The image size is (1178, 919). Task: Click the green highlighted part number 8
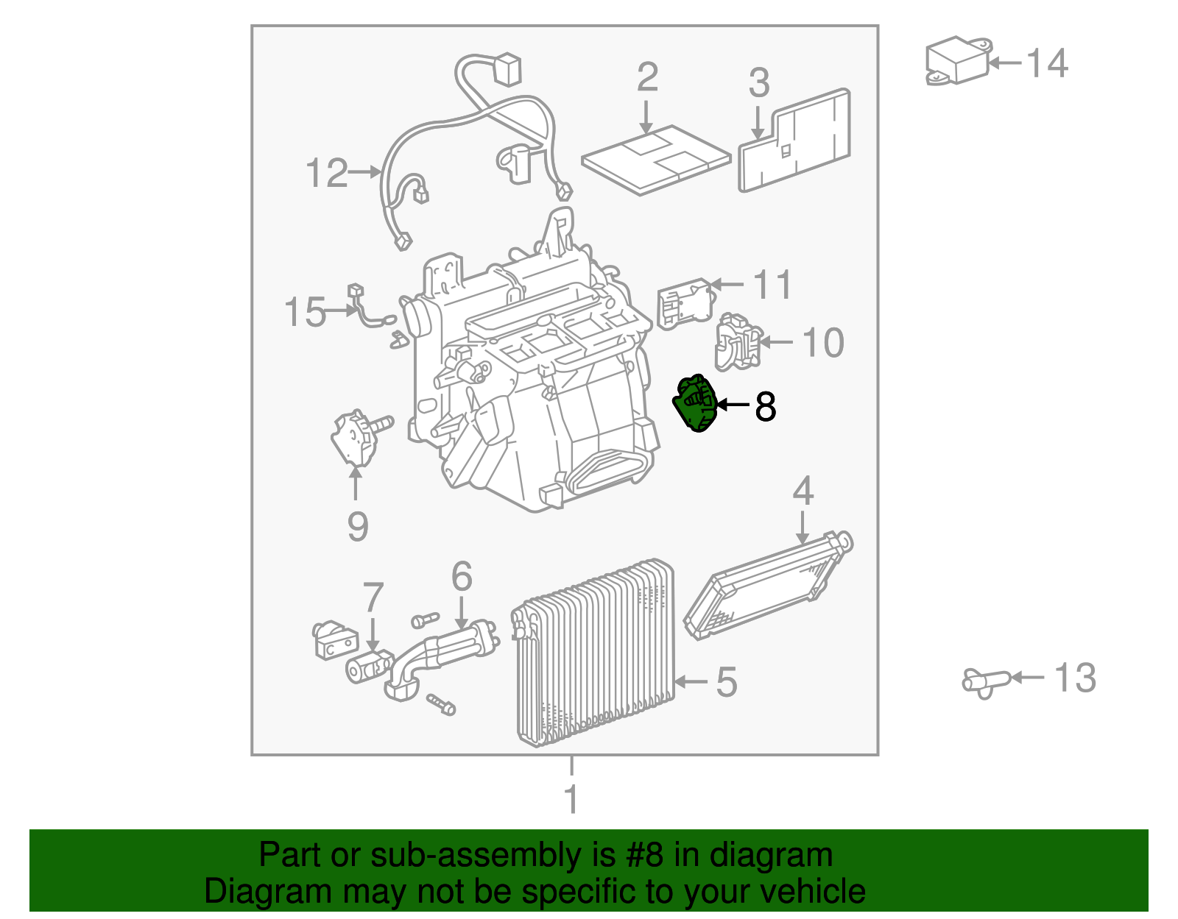pyautogui.click(x=695, y=404)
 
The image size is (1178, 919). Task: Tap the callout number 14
pyautogui.click(x=1046, y=63)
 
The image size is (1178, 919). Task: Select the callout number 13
pyautogui.click(x=1075, y=678)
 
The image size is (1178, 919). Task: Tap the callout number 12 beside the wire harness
pyautogui.click(x=326, y=174)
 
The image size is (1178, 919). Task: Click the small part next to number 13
pyautogui.click(x=985, y=681)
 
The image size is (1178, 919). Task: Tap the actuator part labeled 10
pyautogui.click(x=736, y=342)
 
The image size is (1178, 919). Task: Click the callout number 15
pyautogui.click(x=305, y=312)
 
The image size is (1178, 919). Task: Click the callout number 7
pyautogui.click(x=373, y=597)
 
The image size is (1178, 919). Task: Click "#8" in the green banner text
pyautogui.click(x=645, y=856)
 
